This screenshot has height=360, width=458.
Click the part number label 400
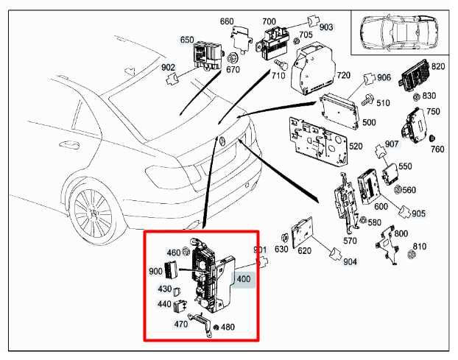243,279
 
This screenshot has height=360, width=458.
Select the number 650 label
187,39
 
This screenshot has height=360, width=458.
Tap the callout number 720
343,76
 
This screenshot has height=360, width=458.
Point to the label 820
438,66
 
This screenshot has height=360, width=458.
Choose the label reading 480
228,328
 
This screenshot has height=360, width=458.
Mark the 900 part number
155,271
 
